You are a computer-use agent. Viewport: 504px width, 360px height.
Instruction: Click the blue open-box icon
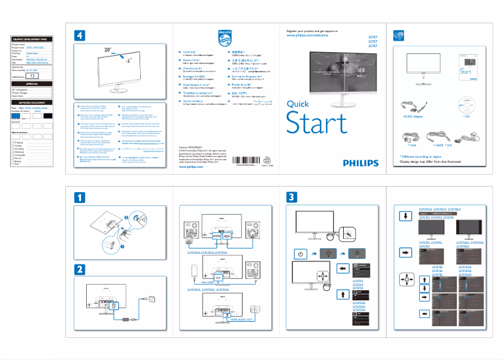pos(397,36)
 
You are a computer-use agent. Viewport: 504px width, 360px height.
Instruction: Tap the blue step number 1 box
pos(80,198)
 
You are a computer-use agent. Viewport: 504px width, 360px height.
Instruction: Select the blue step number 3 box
pos(292,198)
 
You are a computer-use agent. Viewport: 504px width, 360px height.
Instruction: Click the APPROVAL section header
pos(32,83)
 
